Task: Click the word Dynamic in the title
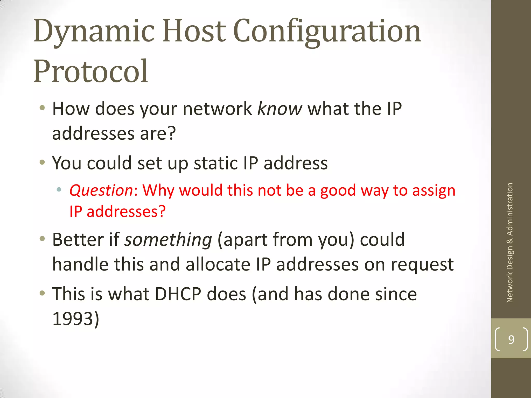(94, 32)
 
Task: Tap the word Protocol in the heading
(90, 71)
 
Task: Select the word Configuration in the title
(327, 32)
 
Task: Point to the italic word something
(168, 239)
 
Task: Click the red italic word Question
(101, 190)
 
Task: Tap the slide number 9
(511, 339)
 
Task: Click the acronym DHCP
(178, 294)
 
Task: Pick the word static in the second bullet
(216, 163)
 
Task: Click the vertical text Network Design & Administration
(510, 243)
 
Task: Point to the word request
(422, 265)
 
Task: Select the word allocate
(218, 265)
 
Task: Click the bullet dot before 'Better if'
(42, 238)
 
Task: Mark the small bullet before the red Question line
(59, 190)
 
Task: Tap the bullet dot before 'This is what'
(42, 293)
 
